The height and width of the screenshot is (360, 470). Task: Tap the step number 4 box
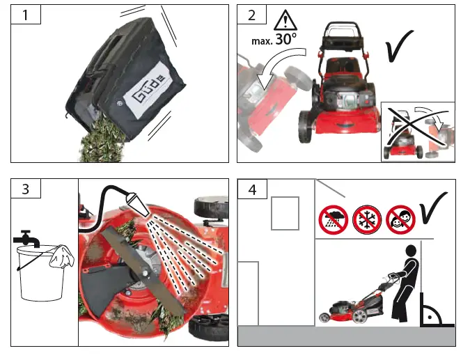point(252,189)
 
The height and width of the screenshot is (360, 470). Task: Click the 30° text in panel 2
point(286,40)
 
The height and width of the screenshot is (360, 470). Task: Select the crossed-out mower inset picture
point(418,131)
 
